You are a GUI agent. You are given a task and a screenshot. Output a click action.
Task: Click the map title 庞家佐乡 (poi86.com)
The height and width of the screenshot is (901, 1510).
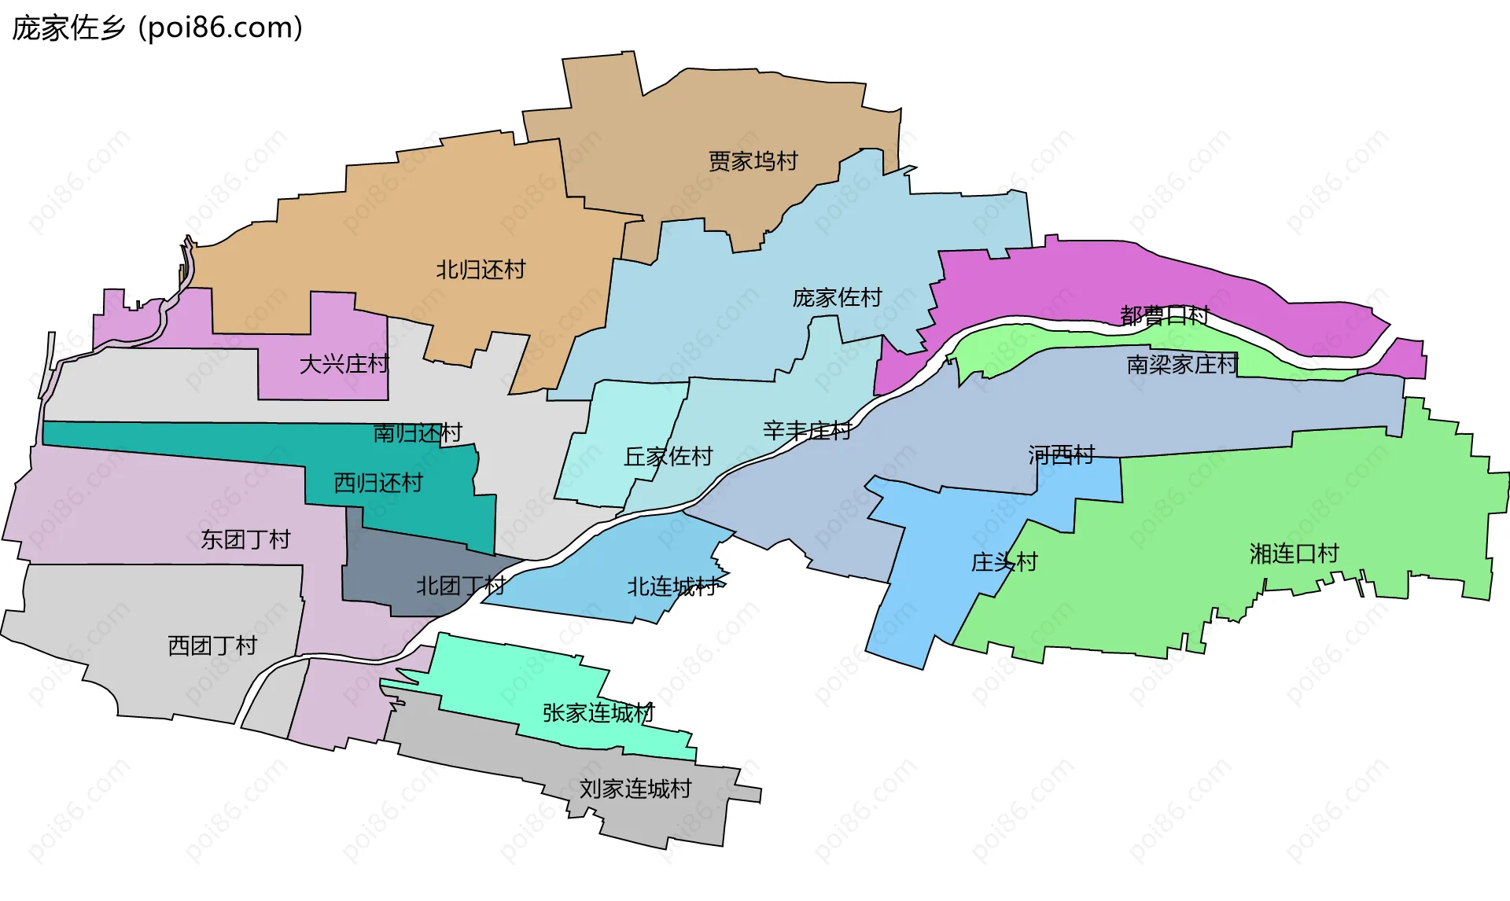pos(157,28)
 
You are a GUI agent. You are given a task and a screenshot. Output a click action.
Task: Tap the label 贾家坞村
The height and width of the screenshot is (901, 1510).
pos(753,161)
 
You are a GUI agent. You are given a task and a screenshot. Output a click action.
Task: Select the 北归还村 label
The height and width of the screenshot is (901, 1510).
pos(481,270)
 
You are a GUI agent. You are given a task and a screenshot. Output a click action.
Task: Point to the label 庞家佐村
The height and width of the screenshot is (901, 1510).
pos(837,298)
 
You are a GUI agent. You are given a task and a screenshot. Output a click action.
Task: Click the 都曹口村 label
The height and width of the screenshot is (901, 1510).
pos(1164,316)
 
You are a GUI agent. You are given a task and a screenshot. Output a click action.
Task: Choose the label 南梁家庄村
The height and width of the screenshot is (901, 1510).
pos(1182,364)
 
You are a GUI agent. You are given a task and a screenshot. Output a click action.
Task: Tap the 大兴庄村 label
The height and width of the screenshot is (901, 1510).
pos(344,364)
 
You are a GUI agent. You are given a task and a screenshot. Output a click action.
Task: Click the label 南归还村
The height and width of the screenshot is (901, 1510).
pos(417,432)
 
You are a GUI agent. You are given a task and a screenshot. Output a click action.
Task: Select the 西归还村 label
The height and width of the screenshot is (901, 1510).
pos(378,483)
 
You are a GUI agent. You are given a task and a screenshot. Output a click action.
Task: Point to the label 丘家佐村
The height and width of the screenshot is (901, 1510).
pos(668,456)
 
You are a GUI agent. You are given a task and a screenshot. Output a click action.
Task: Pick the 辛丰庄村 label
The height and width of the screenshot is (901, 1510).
pos(807,431)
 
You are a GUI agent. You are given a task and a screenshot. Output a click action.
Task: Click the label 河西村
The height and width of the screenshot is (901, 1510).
pos(1061,454)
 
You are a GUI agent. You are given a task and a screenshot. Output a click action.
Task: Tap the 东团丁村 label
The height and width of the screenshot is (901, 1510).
pos(245,539)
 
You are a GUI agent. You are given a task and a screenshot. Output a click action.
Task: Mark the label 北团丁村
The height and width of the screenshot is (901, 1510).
pos(460,586)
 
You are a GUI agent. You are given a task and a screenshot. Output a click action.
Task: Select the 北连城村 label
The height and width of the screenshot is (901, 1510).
pos(672,587)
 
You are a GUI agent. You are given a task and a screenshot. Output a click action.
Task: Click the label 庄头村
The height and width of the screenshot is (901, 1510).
pos(1004,562)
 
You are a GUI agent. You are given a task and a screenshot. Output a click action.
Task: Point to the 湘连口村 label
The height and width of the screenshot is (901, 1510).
pos(1294,553)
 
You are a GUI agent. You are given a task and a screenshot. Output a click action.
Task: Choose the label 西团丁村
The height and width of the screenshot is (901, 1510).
pos(212,645)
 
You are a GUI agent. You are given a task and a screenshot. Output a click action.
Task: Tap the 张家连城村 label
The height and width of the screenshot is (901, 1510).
pos(598,713)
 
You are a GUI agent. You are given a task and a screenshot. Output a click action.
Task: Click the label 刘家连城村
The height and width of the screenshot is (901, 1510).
pos(635,789)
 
